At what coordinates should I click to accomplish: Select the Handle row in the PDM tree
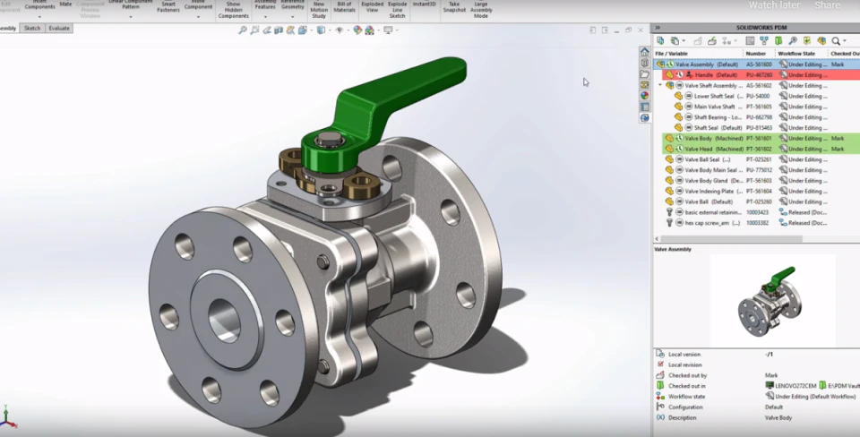716,75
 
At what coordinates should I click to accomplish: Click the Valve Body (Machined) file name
711,139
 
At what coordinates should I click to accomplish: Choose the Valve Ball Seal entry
708,159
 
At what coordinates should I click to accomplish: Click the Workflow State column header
796,54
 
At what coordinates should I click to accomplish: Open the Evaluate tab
59,29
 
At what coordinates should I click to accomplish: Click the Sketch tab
32,29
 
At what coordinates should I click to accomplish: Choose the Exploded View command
372,7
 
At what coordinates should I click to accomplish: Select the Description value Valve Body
777,417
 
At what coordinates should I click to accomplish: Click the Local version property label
685,354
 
